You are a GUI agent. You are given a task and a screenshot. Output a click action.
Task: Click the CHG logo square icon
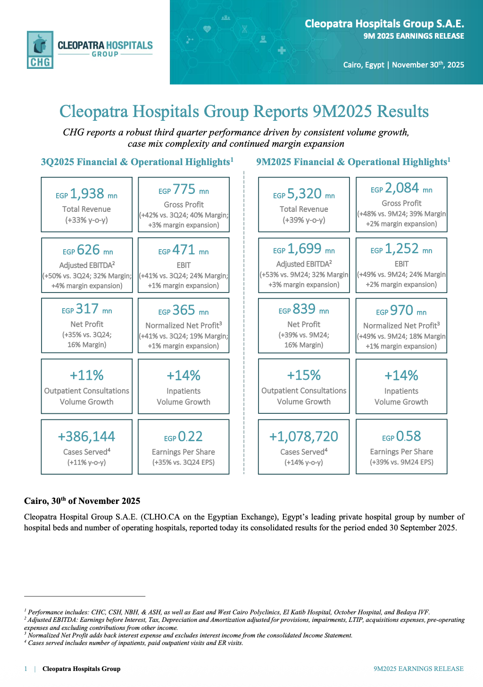(x=40, y=50)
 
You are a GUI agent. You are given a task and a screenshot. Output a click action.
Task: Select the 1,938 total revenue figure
(x=87, y=194)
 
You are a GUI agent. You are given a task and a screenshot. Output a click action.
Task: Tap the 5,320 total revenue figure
(x=304, y=194)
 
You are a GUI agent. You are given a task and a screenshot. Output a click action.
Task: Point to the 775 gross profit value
(x=184, y=190)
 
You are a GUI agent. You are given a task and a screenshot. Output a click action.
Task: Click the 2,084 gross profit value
(x=402, y=188)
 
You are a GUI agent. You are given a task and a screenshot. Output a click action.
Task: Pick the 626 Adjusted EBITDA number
(x=88, y=250)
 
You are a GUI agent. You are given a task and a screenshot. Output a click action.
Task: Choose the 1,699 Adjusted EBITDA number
(x=304, y=249)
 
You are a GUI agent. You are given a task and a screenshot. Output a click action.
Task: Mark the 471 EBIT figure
(x=183, y=250)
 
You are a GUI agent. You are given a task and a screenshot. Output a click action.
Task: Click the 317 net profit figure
(x=87, y=309)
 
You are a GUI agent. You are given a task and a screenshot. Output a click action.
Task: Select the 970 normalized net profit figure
(x=401, y=310)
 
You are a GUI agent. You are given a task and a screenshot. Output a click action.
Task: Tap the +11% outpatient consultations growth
(x=87, y=376)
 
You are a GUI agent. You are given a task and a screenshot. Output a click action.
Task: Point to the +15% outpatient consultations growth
(x=304, y=376)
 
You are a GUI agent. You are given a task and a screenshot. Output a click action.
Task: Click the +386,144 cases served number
(x=87, y=437)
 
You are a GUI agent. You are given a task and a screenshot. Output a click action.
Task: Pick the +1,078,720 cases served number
(x=304, y=437)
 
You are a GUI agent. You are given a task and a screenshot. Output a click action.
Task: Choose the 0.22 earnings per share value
(x=190, y=437)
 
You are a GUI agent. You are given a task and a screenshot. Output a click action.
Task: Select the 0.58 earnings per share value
(x=408, y=436)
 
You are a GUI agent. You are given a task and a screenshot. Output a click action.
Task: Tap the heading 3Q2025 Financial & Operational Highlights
(x=137, y=162)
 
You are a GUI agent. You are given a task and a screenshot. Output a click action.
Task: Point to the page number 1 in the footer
(x=26, y=669)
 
